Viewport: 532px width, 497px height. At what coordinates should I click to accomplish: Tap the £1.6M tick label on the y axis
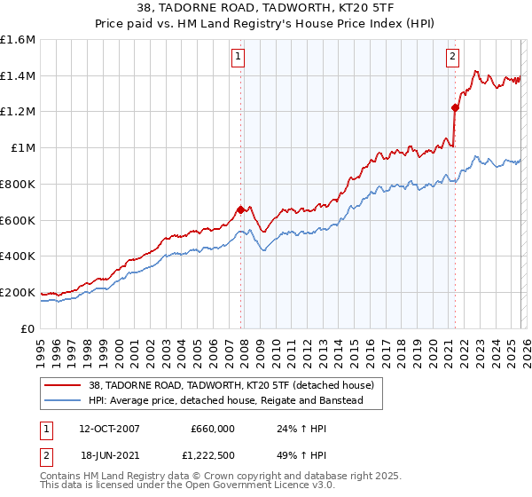point(18,40)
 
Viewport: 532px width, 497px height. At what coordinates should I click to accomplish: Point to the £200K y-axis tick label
point(18,292)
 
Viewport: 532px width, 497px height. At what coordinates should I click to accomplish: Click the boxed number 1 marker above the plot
point(239,58)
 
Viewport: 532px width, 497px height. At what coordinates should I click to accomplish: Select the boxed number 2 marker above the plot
point(452,58)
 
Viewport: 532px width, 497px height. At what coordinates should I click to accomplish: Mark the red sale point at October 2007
point(240,210)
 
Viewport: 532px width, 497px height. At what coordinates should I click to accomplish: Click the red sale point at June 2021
point(455,108)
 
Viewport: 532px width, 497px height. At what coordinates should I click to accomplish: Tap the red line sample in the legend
point(64,385)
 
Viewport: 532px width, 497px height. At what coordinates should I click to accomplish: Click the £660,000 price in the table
point(213,429)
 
